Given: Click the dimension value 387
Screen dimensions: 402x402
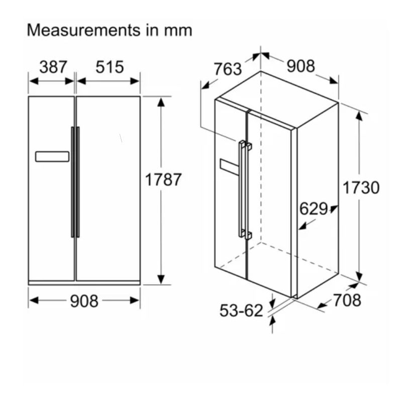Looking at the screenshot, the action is [53, 67].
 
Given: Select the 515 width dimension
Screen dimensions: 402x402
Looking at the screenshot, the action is [110, 67].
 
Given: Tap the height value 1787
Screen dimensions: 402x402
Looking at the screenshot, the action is [163, 179].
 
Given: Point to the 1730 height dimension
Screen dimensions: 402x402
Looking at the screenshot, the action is [361, 187].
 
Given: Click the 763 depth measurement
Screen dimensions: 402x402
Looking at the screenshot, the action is [228, 69].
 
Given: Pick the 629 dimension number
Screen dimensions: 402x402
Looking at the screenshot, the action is [314, 209].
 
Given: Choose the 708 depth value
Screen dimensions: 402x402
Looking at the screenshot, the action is [347, 300].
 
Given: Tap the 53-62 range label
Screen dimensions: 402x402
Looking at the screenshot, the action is [241, 311].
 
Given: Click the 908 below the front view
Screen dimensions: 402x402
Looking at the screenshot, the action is [84, 301].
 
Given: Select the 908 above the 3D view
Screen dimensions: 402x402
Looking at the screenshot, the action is [300, 66].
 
